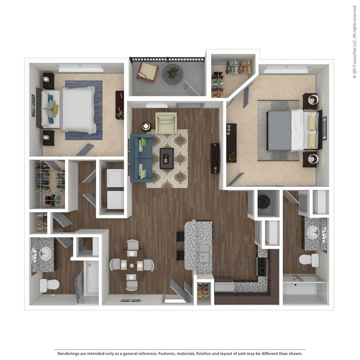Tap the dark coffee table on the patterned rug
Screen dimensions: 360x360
[166, 158]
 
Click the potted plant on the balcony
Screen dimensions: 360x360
[173, 73]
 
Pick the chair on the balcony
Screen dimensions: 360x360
[147, 71]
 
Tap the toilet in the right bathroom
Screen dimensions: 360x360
[308, 259]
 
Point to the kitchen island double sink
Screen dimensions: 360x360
[204, 253]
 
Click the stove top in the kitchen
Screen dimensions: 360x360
[261, 266]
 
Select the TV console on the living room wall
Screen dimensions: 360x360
[215, 158]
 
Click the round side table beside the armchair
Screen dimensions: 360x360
[146, 126]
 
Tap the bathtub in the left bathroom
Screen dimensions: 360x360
[92, 277]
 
